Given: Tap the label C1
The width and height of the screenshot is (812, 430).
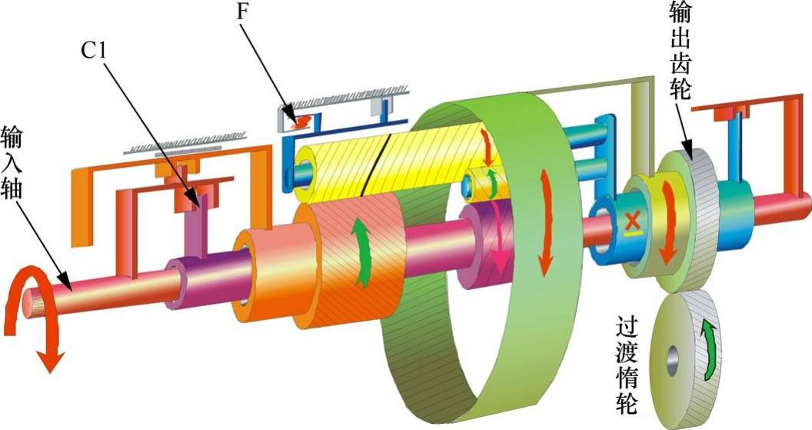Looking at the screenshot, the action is point(95,50).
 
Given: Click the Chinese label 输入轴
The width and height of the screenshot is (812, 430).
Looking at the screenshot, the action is point(12,161).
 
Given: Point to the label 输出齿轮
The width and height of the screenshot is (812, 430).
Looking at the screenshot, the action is point(680,50).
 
